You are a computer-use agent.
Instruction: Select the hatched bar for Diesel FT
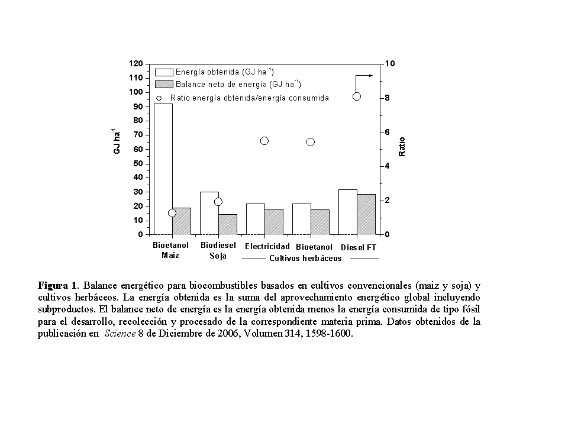(366, 214)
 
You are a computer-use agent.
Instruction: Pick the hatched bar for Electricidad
(274, 222)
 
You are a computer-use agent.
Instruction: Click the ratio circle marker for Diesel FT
(357, 96)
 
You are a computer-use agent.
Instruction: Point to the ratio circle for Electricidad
(264, 141)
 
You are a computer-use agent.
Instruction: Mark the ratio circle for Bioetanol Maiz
(172, 213)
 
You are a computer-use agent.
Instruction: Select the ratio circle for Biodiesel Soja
(218, 202)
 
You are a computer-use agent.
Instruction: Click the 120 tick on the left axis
(136, 63)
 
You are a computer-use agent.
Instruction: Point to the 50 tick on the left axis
(138, 163)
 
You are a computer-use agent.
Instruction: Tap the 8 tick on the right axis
(388, 98)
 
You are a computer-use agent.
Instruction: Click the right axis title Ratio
(402, 147)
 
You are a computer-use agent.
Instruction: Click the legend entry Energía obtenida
(225, 72)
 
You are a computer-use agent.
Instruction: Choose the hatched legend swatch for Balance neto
(163, 84)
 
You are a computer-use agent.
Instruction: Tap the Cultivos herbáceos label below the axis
(305, 259)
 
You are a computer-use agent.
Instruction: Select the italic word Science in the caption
(120, 334)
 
